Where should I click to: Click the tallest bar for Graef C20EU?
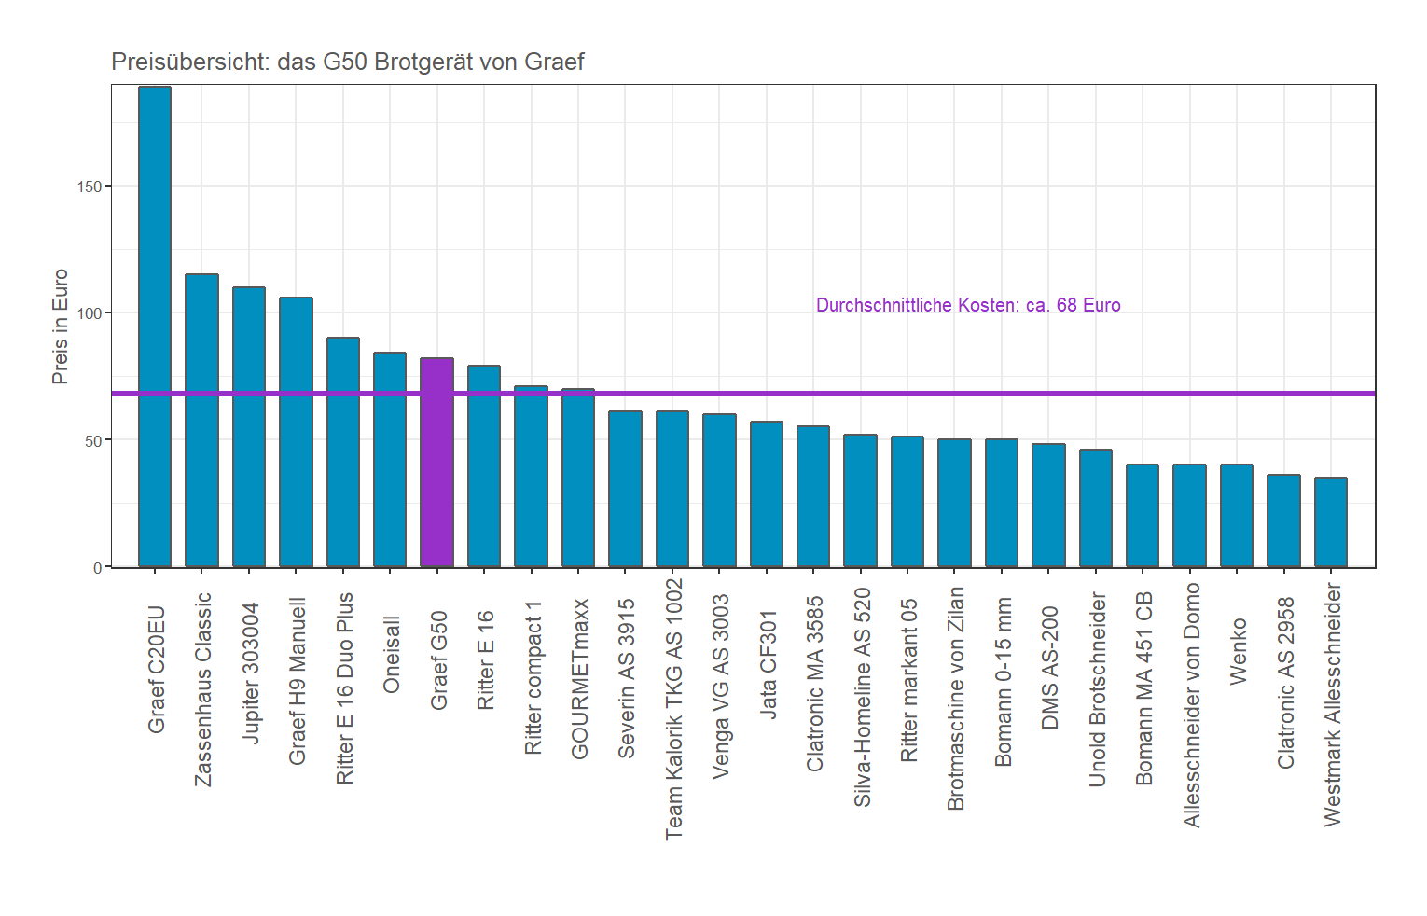click(155, 326)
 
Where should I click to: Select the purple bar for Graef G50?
click(436, 462)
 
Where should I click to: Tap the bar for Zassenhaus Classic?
click(201, 420)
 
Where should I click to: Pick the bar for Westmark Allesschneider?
click(1331, 522)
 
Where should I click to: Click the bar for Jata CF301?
click(767, 494)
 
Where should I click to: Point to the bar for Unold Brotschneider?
click(1096, 508)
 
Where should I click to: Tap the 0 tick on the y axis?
click(98, 567)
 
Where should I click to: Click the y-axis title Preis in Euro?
click(61, 326)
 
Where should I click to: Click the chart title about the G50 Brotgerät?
click(347, 62)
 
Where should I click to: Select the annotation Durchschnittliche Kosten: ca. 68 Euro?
click(968, 305)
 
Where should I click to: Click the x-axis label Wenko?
click(1239, 651)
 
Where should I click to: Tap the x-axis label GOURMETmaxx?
click(579, 679)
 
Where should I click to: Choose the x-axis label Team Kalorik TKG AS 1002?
click(673, 709)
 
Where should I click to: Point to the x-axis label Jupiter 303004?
click(250, 673)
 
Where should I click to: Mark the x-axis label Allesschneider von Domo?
click(1191, 705)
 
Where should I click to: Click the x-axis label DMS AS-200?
click(1050, 668)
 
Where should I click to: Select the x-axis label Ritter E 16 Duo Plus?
click(344, 688)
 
